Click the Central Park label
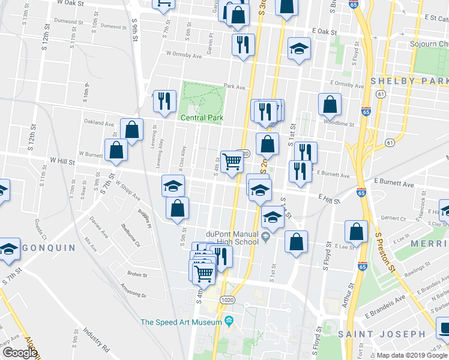click(x=202, y=118)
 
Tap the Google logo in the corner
click(x=19, y=353)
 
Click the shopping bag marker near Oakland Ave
click(x=131, y=130)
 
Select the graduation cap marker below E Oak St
click(x=298, y=50)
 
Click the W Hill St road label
click(x=62, y=161)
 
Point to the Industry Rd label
click(x=96, y=340)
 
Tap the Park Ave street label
click(x=235, y=87)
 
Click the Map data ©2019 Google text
click(x=412, y=355)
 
